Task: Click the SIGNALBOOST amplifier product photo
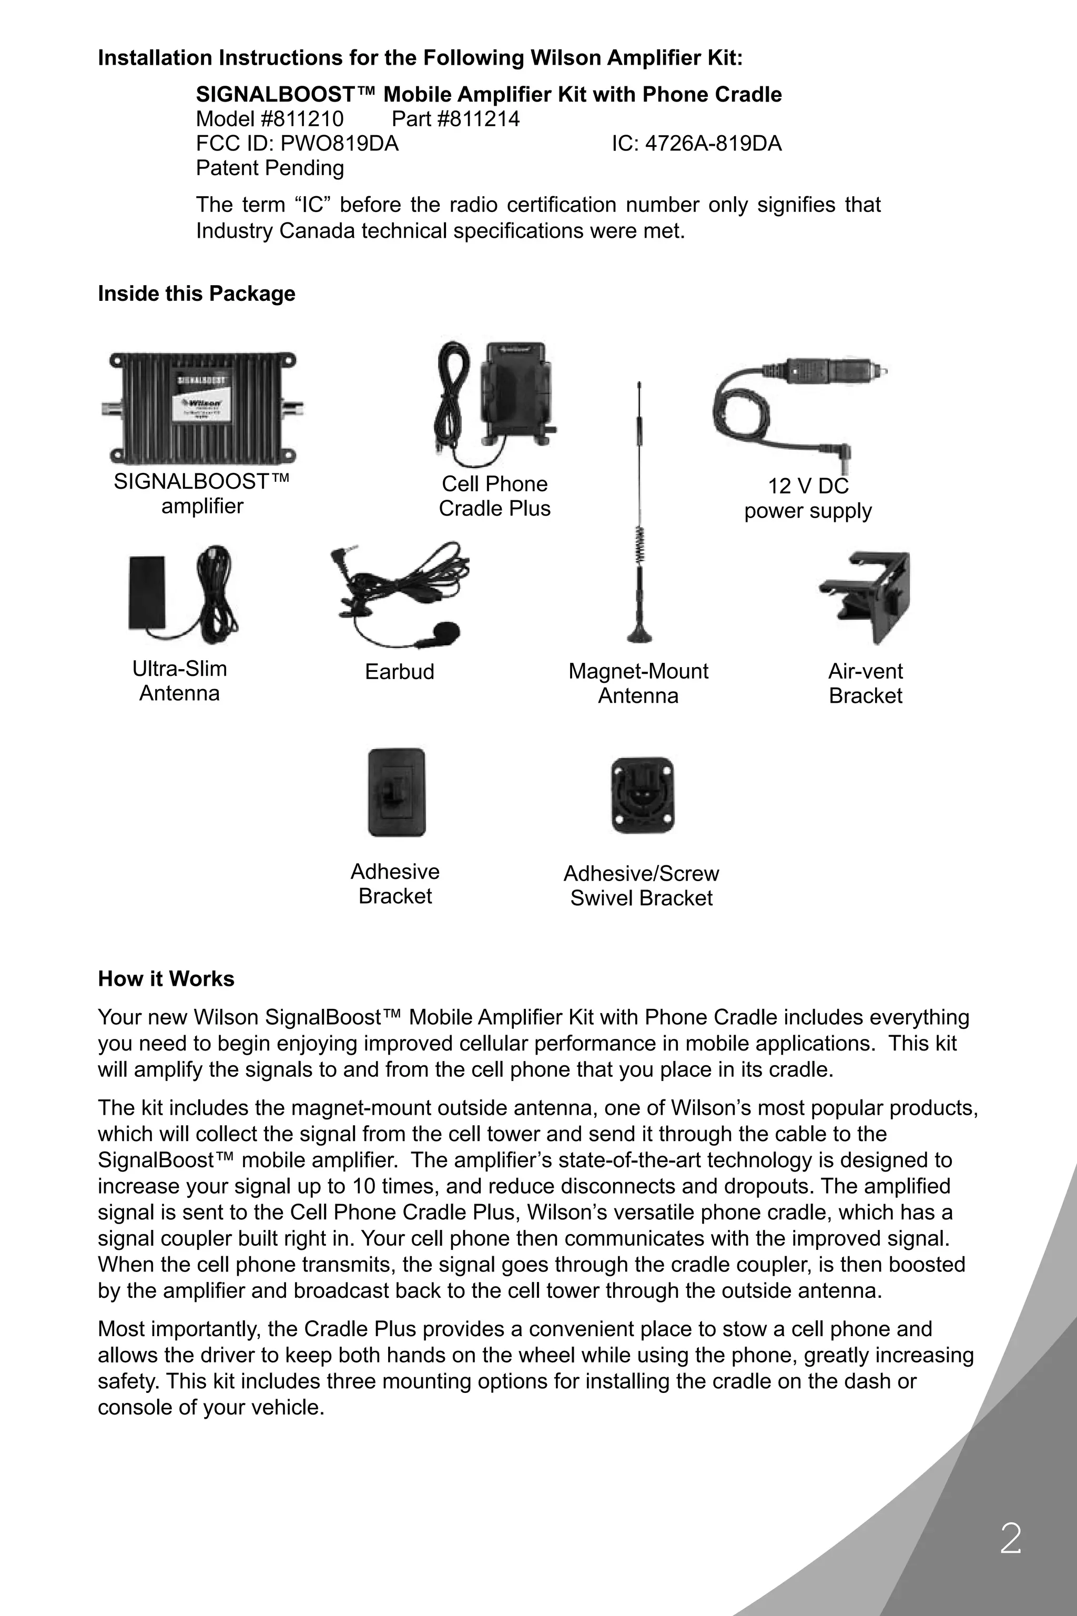click(202, 408)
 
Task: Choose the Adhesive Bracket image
click(397, 792)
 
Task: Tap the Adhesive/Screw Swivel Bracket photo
click(642, 795)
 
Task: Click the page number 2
click(1010, 1539)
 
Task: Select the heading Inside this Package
click(197, 294)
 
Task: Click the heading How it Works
click(166, 978)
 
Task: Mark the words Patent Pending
click(270, 168)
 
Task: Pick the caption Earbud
click(400, 671)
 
